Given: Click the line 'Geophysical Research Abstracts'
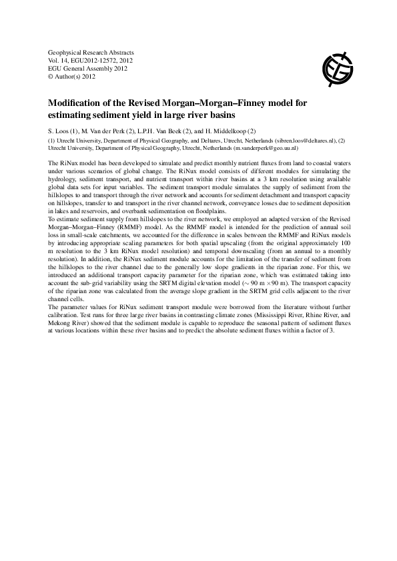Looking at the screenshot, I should [91, 52].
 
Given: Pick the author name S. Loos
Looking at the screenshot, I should [62, 131].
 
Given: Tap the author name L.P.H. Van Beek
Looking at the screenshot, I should [161, 131].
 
